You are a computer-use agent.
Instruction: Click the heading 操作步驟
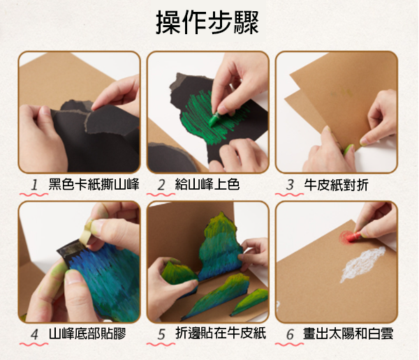pyautogui.click(x=207, y=22)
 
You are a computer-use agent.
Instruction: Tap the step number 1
pyautogui.click(x=34, y=185)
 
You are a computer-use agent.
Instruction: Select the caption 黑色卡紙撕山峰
pyautogui.click(x=94, y=185)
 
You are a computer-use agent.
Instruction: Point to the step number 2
pyautogui.click(x=161, y=185)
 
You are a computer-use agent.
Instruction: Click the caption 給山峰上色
pyautogui.click(x=207, y=185)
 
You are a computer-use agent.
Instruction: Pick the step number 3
pyautogui.click(x=290, y=185)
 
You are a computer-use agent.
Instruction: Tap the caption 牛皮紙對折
pyautogui.click(x=336, y=185)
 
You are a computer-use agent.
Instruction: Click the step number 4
pyautogui.click(x=34, y=334)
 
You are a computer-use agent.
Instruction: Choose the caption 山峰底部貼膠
pyautogui.click(x=87, y=333)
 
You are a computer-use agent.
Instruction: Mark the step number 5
pyautogui.click(x=161, y=334)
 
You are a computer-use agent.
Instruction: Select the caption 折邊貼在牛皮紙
pyautogui.click(x=221, y=333)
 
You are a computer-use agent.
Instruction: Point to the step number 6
pyautogui.click(x=291, y=334)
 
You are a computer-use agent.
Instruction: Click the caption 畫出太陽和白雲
pyautogui.click(x=348, y=333)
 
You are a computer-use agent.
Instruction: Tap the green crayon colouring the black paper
pyautogui.click(x=214, y=119)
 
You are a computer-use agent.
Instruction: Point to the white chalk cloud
pyautogui.click(x=362, y=264)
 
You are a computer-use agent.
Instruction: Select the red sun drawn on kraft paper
pyautogui.click(x=346, y=237)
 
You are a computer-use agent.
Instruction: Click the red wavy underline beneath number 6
pyautogui.click(x=289, y=344)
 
